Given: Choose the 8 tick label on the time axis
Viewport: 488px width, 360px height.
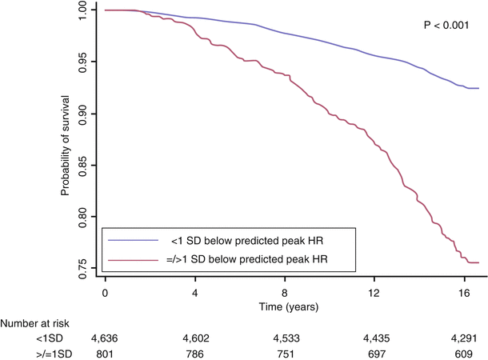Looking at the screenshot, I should click(x=284, y=293).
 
